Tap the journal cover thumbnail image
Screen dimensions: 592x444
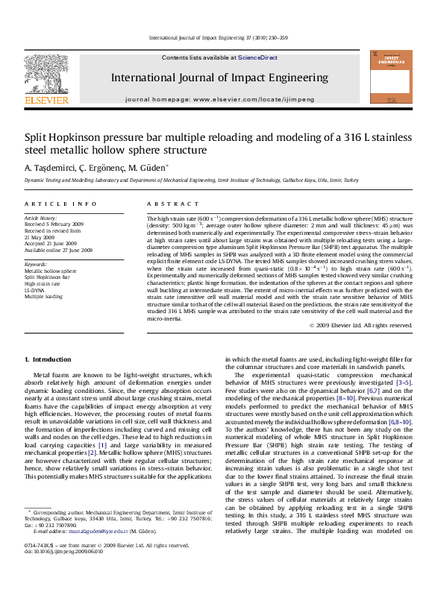[x=390, y=77]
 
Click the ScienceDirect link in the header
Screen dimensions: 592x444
[x=257, y=57]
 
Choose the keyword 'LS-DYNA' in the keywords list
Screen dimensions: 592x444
[x=36, y=290]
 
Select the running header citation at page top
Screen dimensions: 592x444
[x=222, y=37]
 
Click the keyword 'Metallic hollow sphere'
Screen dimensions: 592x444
[x=51, y=271]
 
